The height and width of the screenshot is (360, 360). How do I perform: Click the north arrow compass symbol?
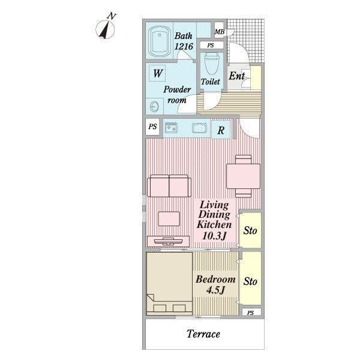(105, 29)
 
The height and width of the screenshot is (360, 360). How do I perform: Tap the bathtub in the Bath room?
(160, 41)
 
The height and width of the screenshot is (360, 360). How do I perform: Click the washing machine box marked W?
(157, 73)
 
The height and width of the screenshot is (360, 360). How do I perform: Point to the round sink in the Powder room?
(154, 107)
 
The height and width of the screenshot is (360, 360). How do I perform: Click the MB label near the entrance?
(220, 32)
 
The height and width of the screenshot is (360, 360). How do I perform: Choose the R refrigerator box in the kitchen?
(220, 130)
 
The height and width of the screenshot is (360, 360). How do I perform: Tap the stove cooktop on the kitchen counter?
(171, 128)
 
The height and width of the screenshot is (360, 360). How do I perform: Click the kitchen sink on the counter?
(200, 128)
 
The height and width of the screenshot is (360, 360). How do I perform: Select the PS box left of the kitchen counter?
(152, 127)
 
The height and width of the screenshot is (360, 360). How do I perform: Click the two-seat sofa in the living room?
(169, 186)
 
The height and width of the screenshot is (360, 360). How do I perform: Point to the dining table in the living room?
(244, 176)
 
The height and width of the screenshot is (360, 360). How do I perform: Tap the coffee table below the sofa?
(169, 219)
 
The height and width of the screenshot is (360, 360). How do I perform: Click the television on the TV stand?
(169, 241)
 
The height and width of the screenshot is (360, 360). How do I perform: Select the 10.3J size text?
(214, 236)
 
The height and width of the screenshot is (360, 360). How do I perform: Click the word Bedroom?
(215, 279)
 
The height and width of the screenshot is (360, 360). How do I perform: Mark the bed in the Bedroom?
(169, 284)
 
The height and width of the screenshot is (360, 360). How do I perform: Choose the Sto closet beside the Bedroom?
(250, 278)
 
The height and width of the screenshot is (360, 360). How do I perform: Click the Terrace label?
(203, 334)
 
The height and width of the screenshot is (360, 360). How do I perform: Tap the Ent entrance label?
(237, 76)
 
